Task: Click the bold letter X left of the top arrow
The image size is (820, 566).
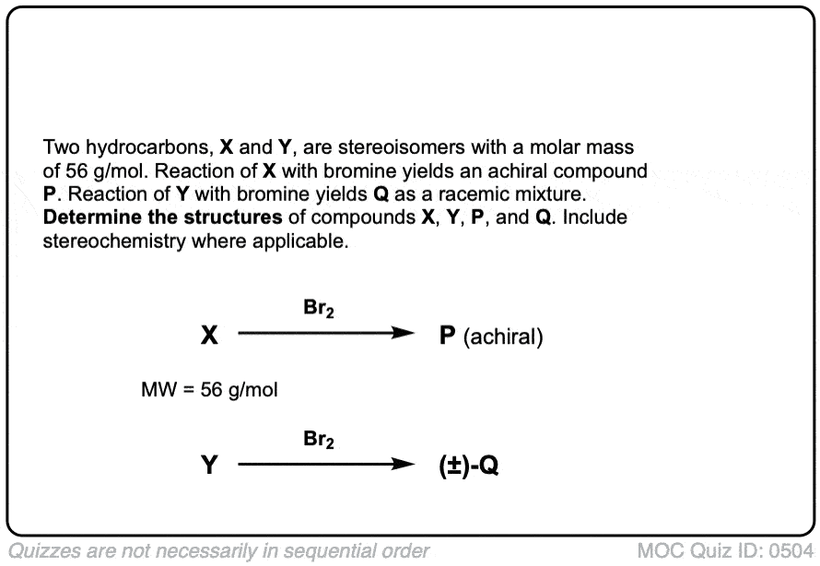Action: pos(210,336)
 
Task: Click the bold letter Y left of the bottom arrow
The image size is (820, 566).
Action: pos(210,466)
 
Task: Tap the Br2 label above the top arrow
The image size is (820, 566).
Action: pos(319,310)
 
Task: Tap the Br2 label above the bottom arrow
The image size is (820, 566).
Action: pos(319,440)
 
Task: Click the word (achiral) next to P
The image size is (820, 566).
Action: pos(503,337)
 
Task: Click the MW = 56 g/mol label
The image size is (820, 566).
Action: pos(209,390)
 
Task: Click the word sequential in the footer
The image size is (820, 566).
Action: pos(341,550)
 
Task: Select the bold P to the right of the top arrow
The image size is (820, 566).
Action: pos(448,336)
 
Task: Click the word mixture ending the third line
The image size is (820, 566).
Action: pos(554,195)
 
